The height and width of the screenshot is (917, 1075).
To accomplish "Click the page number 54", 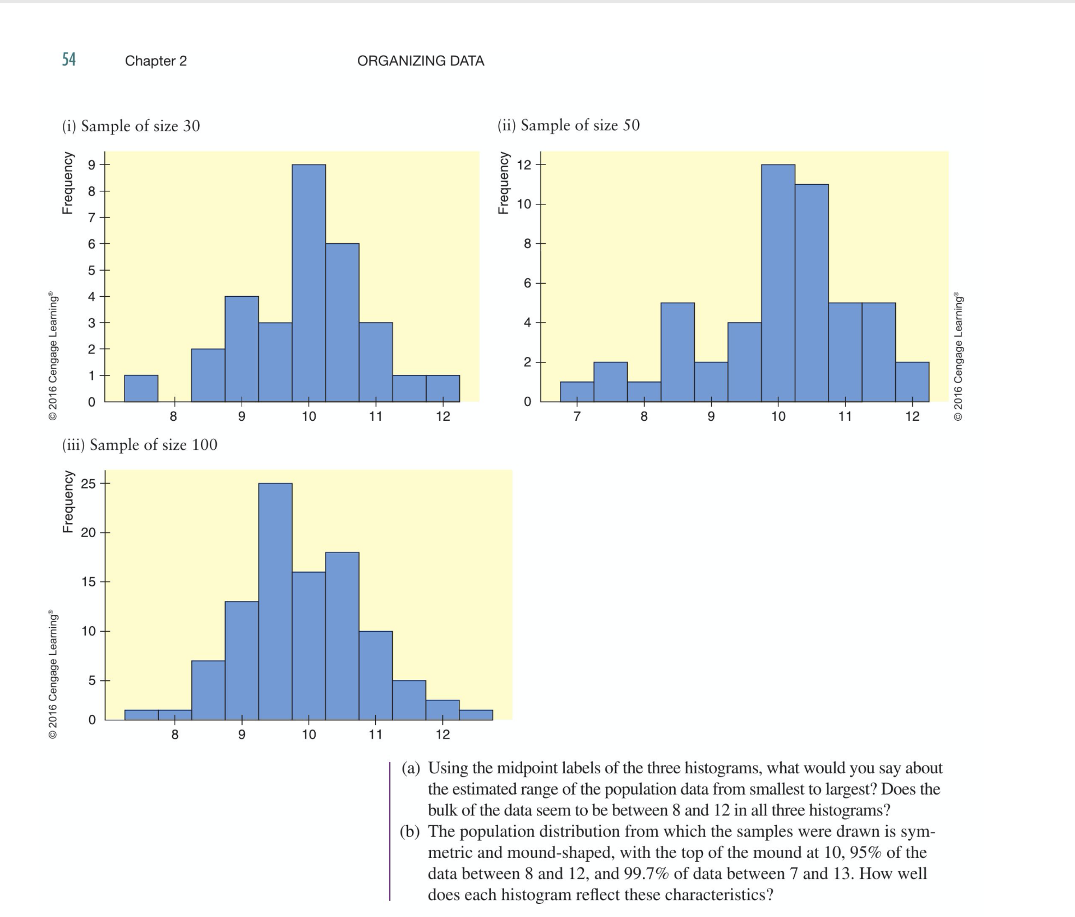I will (69, 59).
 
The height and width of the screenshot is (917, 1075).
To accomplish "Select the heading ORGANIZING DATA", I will (421, 61).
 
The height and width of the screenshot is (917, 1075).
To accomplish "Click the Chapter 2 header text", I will (156, 61).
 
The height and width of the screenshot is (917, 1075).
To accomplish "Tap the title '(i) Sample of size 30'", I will (131, 126).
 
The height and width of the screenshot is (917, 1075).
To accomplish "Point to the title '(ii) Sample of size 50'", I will (568, 125).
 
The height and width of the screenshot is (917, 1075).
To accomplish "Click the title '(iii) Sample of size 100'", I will (140, 445).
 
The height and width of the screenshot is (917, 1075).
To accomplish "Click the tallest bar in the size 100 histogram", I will (275, 601).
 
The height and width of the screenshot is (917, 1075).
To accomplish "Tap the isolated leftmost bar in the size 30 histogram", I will (141, 389).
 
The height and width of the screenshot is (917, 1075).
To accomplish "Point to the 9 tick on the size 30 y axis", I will (92, 164).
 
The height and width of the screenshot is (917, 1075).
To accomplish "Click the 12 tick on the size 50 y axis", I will (524, 164).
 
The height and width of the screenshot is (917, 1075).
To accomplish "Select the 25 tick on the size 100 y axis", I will (88, 484).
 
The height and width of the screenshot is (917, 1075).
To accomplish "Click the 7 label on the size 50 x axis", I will (577, 416).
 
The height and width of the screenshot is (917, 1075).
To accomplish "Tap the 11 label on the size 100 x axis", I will (375, 734).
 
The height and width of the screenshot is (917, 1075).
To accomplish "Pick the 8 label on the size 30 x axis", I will (173, 416).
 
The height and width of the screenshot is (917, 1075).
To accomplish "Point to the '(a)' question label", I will (411, 768).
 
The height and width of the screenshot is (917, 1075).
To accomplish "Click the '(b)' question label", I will (410, 832).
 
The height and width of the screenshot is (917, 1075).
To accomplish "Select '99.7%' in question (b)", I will (646, 874).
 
